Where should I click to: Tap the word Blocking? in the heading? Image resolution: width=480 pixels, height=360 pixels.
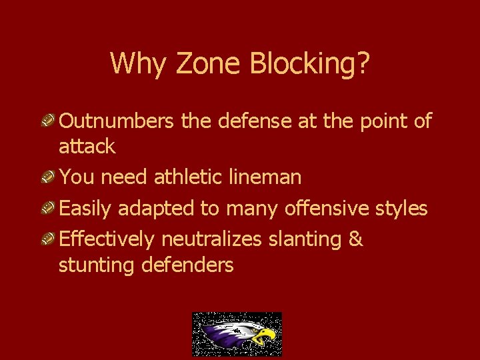[310, 64]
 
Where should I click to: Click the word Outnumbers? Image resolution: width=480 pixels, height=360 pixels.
[117, 121]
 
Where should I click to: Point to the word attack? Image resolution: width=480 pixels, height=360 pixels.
[87, 147]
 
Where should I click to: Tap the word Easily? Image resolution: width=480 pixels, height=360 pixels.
[86, 209]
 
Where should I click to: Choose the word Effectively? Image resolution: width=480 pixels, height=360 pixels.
[106, 239]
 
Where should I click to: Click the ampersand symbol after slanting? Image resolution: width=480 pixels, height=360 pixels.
[355, 239]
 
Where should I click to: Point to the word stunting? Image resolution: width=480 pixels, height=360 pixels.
[97, 265]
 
